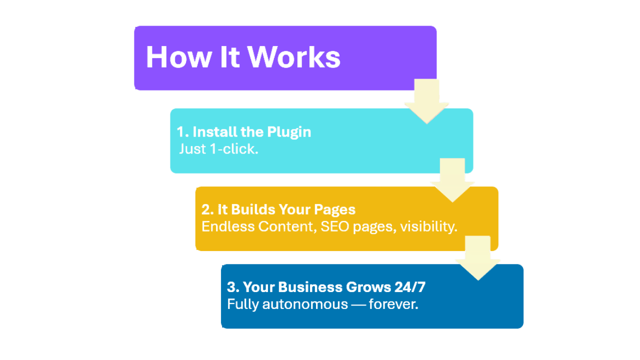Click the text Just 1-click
coord(218,148)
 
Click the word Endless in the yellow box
coord(228,226)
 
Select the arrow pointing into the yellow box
coord(452,180)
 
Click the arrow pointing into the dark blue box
coord(478,258)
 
